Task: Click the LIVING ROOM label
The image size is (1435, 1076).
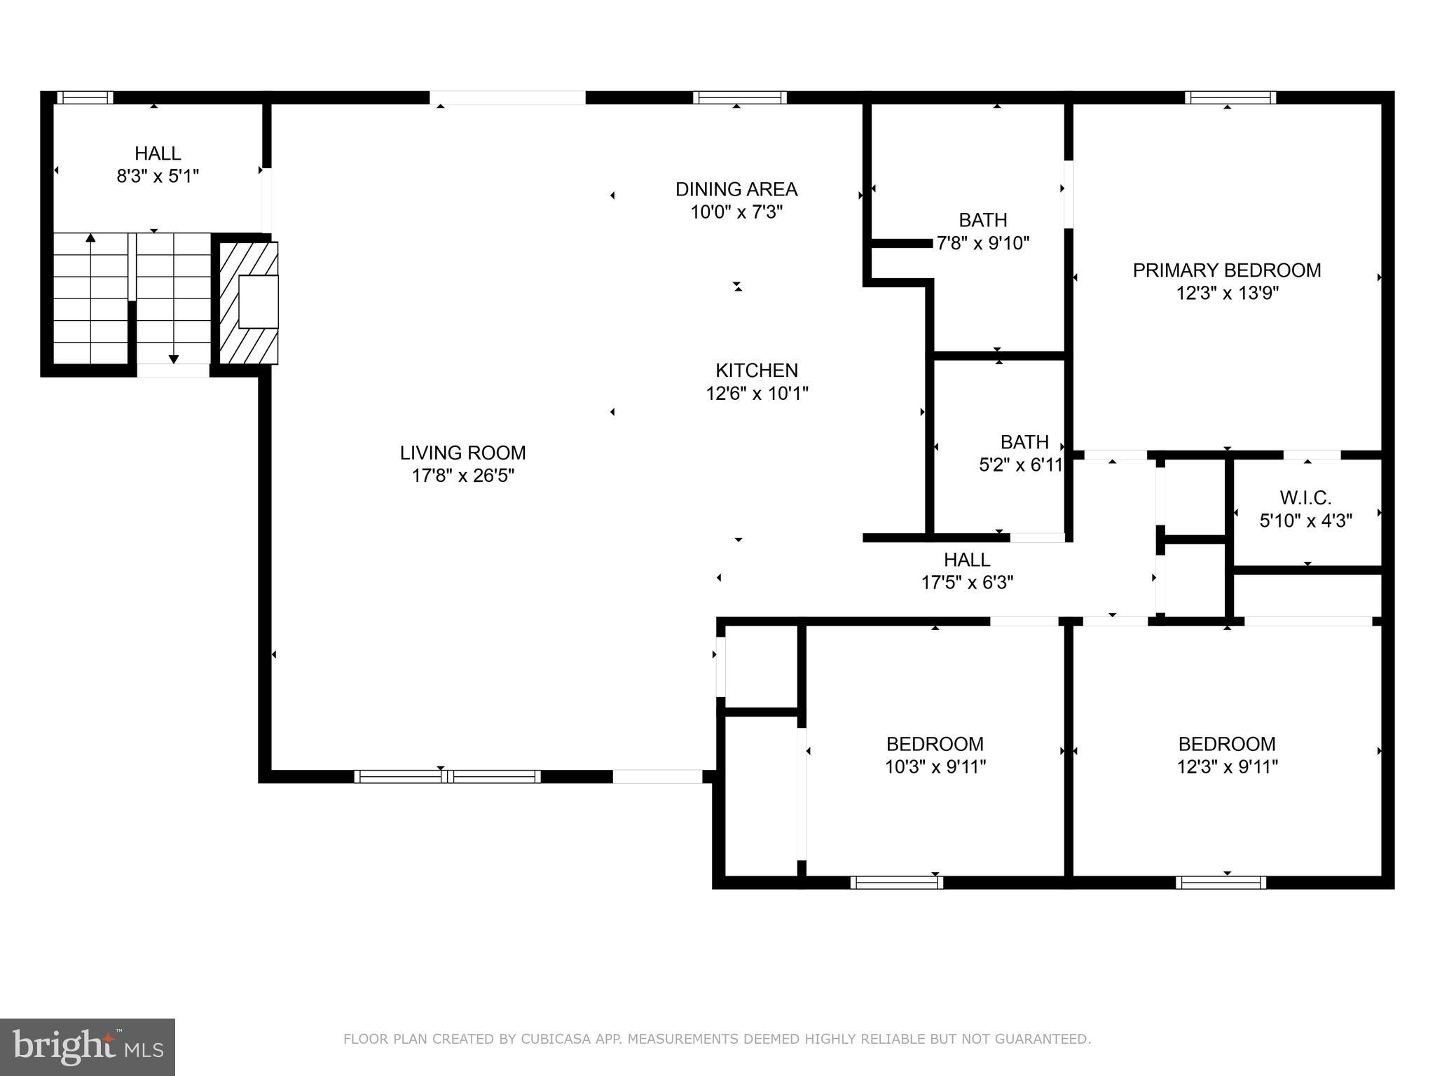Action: pyautogui.click(x=462, y=453)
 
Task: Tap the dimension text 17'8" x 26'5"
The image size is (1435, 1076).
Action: pyautogui.click(x=462, y=476)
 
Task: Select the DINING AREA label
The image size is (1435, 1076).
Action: pyautogui.click(x=736, y=189)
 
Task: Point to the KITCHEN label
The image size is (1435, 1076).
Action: pyautogui.click(x=756, y=370)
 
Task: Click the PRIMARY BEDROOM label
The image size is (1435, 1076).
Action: pyautogui.click(x=1226, y=270)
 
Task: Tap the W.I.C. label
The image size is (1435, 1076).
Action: pyautogui.click(x=1305, y=498)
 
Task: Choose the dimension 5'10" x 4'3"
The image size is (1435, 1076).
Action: pyautogui.click(x=1305, y=520)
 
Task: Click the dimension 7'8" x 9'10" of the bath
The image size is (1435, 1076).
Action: pyautogui.click(x=983, y=243)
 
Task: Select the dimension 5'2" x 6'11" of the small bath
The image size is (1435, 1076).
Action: pyautogui.click(x=1021, y=464)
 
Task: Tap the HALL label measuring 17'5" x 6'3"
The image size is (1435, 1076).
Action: pyautogui.click(x=967, y=559)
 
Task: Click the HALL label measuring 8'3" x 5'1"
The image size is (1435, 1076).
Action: pyautogui.click(x=158, y=153)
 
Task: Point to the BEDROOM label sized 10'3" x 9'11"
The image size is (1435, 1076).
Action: pyautogui.click(x=935, y=744)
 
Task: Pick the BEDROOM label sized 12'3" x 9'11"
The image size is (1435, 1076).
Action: pyautogui.click(x=1226, y=744)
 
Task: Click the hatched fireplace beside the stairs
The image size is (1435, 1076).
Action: pyautogui.click(x=249, y=303)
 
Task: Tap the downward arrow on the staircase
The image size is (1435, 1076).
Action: pyautogui.click(x=174, y=358)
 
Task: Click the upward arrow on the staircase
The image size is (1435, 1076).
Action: pyautogui.click(x=90, y=240)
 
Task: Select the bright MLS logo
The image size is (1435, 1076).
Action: pyautogui.click(x=88, y=1047)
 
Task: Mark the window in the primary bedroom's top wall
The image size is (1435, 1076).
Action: pyautogui.click(x=1230, y=97)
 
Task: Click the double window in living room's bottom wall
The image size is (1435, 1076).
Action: pyautogui.click(x=447, y=776)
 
